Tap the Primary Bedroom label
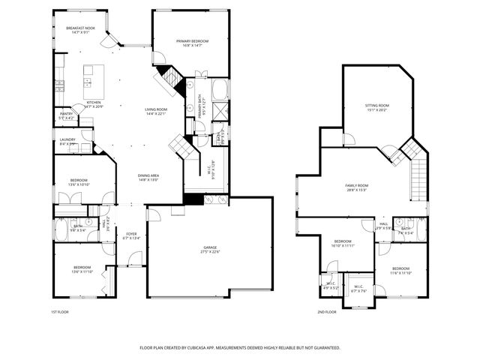click(192, 43)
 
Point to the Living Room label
click(156, 112)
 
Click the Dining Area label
click(148, 178)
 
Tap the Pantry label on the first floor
click(66, 115)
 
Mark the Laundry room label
click(67, 142)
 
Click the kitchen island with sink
click(93, 76)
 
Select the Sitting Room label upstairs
click(377, 108)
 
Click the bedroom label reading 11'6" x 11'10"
click(401, 270)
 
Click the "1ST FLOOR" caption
click(61, 312)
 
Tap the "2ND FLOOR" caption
click(326, 312)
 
